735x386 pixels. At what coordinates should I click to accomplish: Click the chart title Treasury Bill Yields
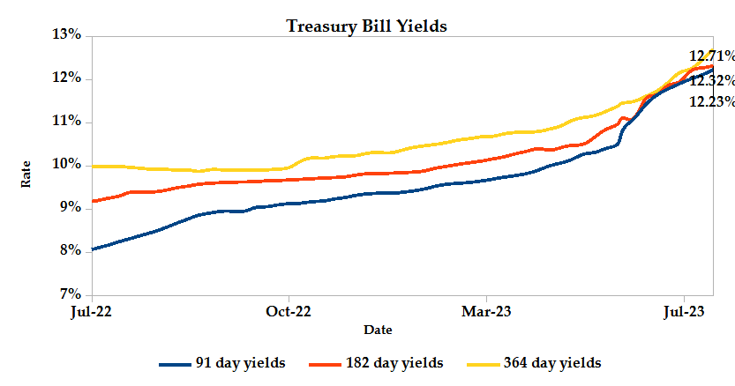click(x=367, y=26)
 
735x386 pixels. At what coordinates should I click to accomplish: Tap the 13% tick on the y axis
click(x=67, y=35)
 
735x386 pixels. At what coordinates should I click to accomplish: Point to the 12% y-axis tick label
click(x=67, y=78)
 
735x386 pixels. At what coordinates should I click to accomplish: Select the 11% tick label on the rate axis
click(x=67, y=122)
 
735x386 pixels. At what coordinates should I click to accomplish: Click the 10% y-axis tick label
click(x=67, y=164)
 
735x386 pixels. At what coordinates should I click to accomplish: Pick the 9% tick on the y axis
click(x=69, y=207)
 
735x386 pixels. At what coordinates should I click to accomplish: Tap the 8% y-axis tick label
click(x=69, y=250)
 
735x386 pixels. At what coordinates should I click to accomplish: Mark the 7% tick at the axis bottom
click(x=69, y=293)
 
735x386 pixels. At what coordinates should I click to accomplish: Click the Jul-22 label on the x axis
click(x=92, y=311)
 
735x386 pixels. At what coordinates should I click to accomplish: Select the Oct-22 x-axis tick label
click(x=289, y=311)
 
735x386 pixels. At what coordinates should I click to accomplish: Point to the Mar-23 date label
click(x=487, y=311)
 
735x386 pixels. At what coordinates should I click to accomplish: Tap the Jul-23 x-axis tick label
click(x=684, y=311)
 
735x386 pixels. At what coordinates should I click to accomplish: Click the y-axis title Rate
click(x=26, y=174)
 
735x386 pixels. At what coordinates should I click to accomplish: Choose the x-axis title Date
click(x=378, y=330)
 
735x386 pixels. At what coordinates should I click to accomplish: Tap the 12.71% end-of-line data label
click(x=711, y=56)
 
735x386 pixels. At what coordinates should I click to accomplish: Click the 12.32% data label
click(x=711, y=80)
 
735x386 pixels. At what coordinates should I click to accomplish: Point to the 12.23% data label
click(x=711, y=101)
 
